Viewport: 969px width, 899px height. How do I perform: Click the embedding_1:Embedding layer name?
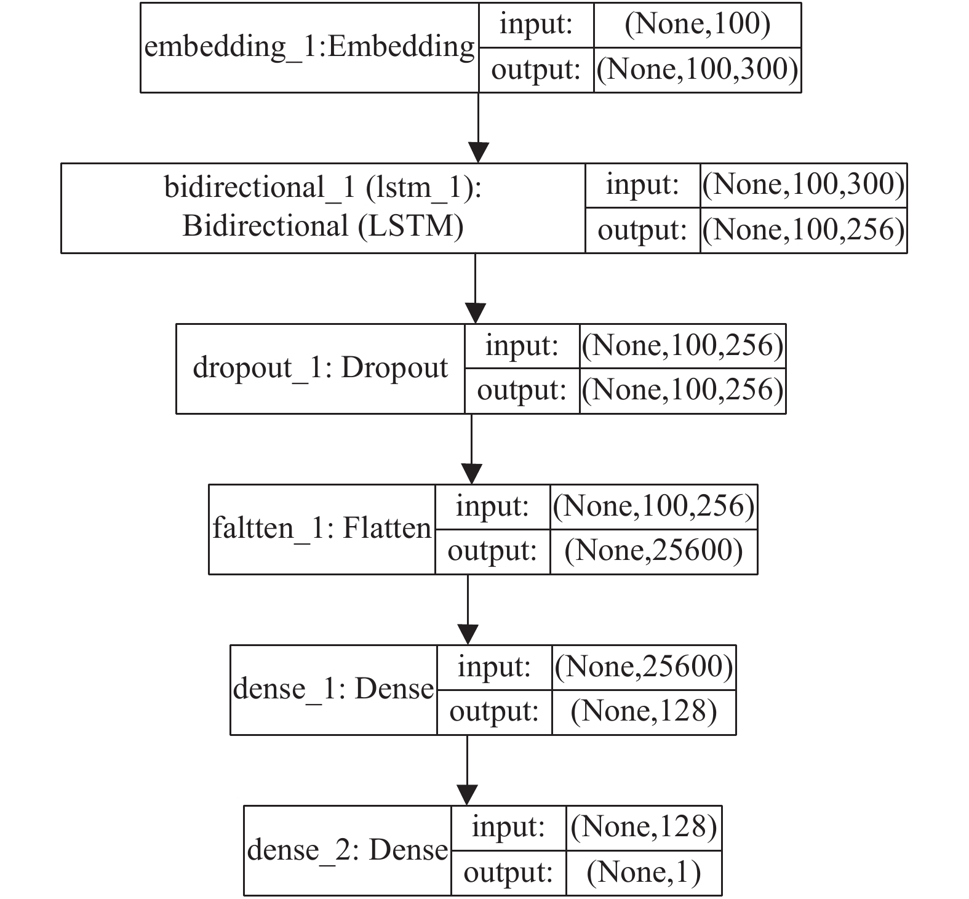point(309,47)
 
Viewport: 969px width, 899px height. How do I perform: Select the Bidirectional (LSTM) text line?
point(323,226)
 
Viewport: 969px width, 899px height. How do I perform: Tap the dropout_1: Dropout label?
point(321,368)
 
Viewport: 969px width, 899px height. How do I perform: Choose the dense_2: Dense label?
point(348,850)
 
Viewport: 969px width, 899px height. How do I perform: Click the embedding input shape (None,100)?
point(698,25)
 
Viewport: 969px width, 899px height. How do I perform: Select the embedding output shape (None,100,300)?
point(698,70)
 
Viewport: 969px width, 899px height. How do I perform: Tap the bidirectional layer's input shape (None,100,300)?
point(804,185)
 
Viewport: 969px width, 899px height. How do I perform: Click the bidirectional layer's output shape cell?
point(804,230)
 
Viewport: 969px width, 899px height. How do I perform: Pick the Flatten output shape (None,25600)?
point(654,551)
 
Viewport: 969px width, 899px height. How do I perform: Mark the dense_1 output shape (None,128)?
point(644,711)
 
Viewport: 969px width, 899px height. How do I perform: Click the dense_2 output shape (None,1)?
point(644,873)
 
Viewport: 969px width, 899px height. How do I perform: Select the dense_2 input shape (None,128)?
point(644,827)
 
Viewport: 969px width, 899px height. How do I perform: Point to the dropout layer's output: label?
point(522,391)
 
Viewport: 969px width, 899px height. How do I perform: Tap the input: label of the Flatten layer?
point(492,506)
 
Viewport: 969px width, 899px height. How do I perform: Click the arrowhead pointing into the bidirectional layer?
point(478,153)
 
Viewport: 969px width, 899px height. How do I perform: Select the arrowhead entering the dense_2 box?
point(468,794)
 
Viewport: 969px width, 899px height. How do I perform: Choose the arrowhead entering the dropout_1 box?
point(476,313)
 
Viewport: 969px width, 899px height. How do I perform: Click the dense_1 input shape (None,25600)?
point(644,666)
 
